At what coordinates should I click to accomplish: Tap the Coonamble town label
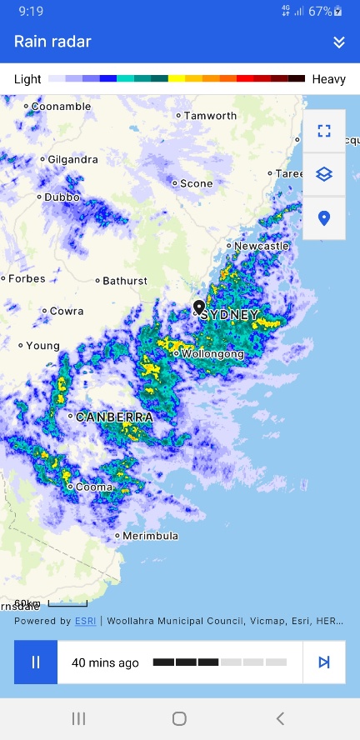pos(61,107)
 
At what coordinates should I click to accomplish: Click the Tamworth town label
pos(210,116)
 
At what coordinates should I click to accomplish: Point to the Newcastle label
pos(262,246)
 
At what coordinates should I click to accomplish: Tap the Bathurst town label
pos(125,281)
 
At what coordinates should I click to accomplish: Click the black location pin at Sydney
pos(198,308)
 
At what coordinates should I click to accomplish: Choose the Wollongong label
pos(212,354)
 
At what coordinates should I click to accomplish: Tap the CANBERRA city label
pos(114,417)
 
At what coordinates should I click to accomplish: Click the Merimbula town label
pos(150,536)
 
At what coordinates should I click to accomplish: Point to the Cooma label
pos(93,487)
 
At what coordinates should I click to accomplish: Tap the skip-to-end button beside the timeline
pos(324,662)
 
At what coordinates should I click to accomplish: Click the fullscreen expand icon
pos(324,131)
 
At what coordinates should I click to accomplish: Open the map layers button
pos(324,174)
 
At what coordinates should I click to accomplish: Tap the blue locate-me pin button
pos(324,218)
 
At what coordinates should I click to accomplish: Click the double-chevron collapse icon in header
pos(338,42)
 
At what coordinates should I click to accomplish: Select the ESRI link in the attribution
pos(85,621)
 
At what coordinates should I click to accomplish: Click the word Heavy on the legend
pos(329,79)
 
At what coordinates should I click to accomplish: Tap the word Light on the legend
pos(27,79)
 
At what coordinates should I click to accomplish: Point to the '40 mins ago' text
pos(105,662)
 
